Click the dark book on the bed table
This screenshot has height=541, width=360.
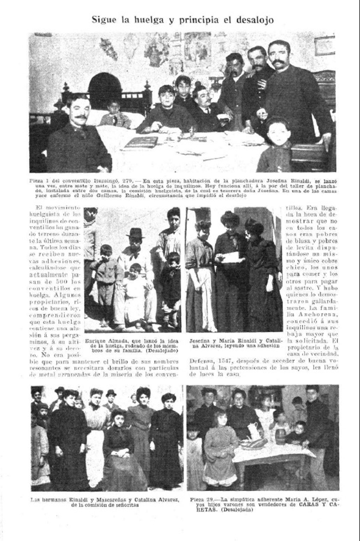(141, 142)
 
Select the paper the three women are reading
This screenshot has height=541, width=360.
(230, 257)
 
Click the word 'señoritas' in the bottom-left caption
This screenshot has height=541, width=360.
(126, 505)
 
